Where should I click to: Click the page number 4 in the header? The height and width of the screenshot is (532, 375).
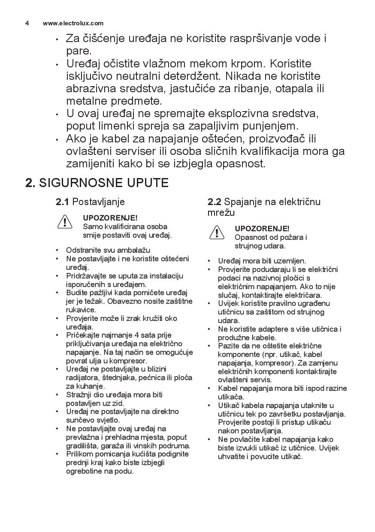(x=27, y=23)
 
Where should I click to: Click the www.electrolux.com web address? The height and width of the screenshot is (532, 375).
(x=73, y=23)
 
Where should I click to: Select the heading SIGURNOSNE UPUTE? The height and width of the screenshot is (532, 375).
(x=103, y=183)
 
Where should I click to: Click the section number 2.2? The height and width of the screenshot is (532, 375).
(x=215, y=202)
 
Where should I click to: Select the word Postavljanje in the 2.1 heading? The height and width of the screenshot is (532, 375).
(x=98, y=202)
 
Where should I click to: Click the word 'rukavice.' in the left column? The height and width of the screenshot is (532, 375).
(x=81, y=310)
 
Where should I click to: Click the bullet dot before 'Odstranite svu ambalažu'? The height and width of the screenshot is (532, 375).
(x=57, y=250)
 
